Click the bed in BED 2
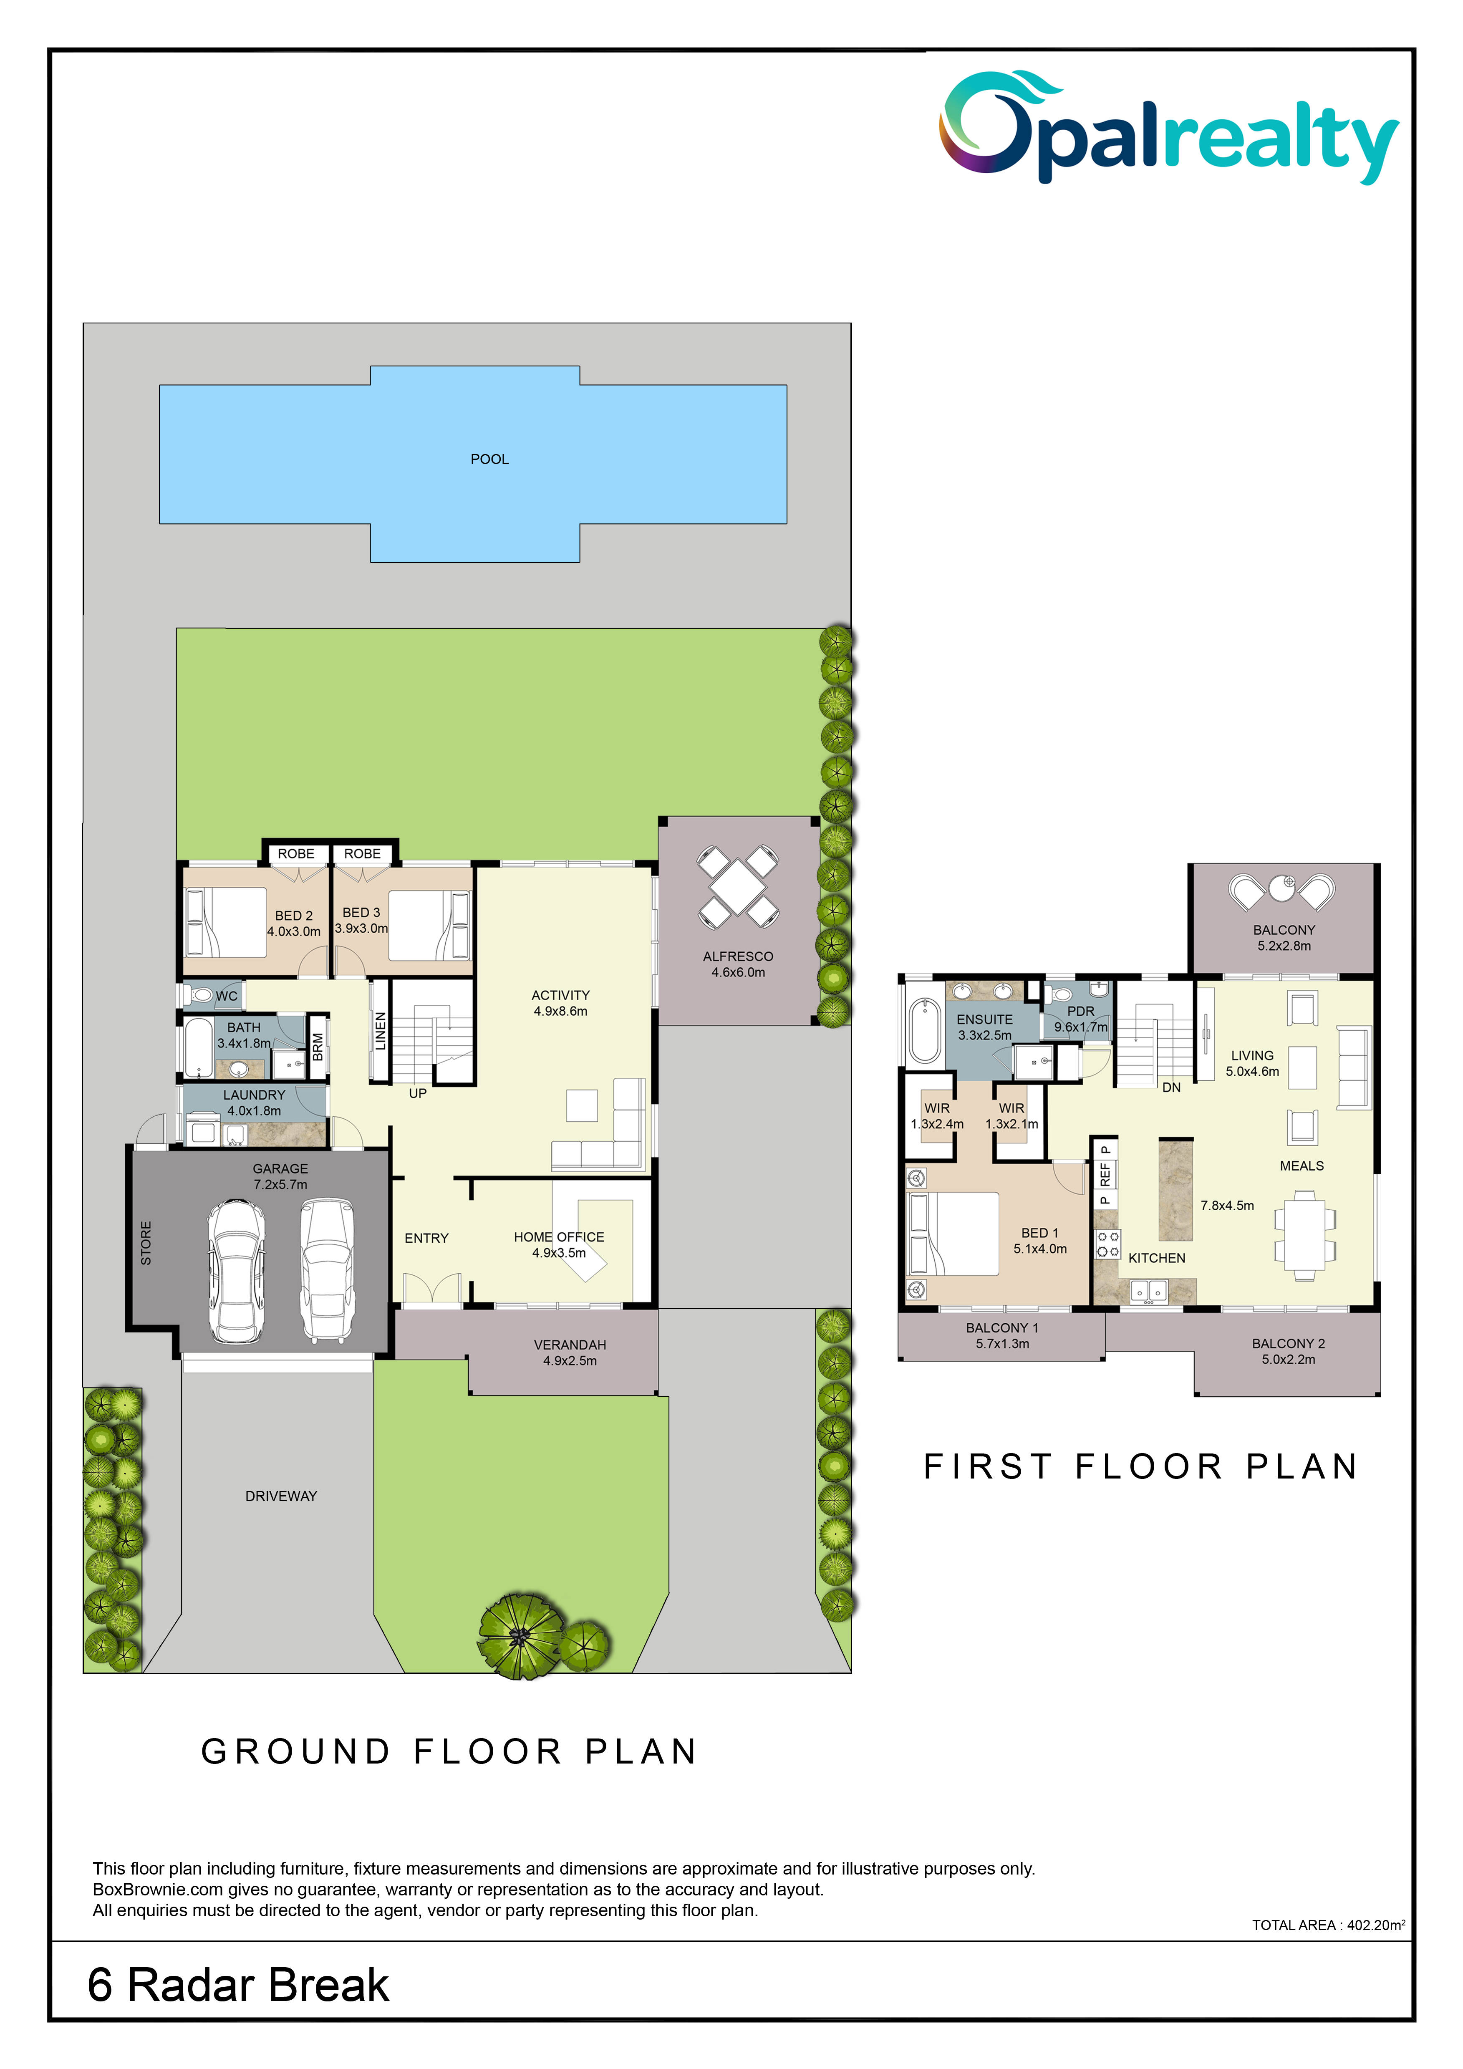[225, 922]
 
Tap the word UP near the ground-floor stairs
[418, 1093]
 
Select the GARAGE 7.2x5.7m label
[280, 1176]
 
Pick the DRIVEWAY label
[281, 1496]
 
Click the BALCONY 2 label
[1288, 1351]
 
